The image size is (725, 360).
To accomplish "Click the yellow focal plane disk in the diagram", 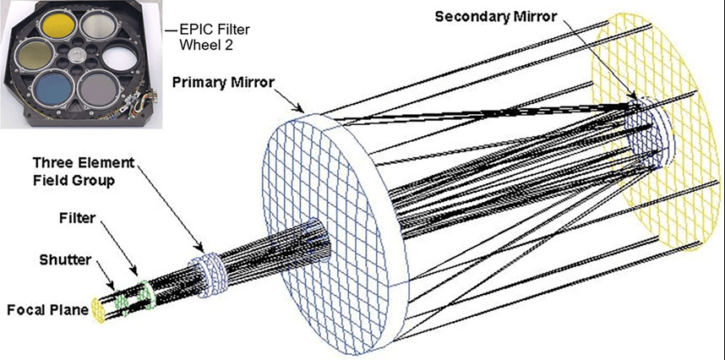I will (97, 310).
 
